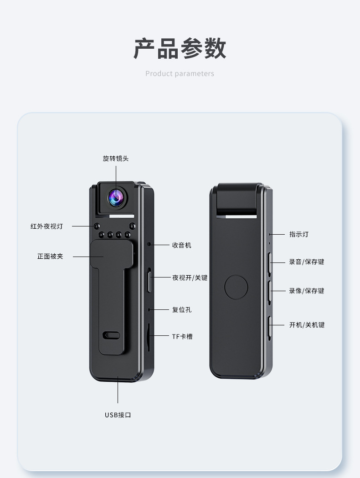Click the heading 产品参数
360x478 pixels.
(x=180, y=49)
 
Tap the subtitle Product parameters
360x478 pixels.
(x=180, y=74)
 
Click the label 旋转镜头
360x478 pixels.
(x=116, y=159)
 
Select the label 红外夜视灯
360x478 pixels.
(x=47, y=226)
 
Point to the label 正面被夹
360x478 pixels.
(x=50, y=257)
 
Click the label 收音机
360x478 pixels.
(x=181, y=245)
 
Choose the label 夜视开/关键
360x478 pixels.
(x=190, y=278)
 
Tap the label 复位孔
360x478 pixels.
(x=181, y=310)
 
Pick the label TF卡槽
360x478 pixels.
(x=182, y=337)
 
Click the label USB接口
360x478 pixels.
(x=118, y=415)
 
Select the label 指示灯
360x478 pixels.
(x=299, y=234)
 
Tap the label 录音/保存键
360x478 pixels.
(x=307, y=262)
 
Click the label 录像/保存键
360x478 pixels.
(x=307, y=291)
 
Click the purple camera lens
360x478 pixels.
(x=116, y=197)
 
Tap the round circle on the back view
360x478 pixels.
(x=236, y=287)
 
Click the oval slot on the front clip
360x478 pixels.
(x=111, y=335)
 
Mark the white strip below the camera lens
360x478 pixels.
(x=122, y=216)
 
